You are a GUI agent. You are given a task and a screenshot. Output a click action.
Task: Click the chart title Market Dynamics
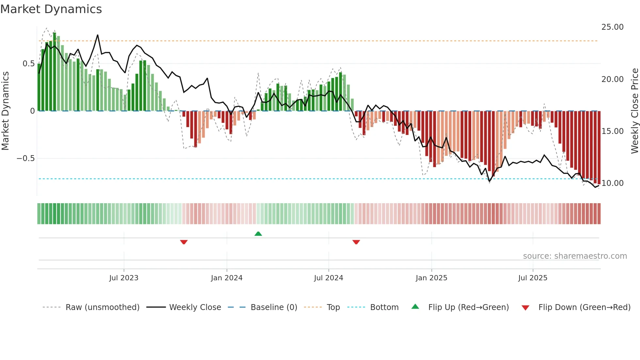(51, 9)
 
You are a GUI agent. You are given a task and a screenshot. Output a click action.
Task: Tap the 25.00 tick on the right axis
(612, 27)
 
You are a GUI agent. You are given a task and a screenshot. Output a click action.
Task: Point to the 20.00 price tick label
(612, 79)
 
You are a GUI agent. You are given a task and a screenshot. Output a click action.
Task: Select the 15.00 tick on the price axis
(612, 131)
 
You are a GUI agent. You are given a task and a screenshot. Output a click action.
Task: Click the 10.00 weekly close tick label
(612, 183)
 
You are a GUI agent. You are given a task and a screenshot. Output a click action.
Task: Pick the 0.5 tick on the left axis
(28, 64)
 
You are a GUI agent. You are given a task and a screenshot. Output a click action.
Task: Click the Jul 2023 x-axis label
(124, 278)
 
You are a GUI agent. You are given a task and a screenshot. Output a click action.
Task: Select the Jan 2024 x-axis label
(227, 278)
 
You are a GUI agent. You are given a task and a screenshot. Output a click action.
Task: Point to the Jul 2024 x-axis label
(328, 278)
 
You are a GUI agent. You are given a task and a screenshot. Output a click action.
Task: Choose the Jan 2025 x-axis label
(431, 278)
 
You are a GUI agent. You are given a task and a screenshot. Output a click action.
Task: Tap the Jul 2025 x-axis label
(533, 278)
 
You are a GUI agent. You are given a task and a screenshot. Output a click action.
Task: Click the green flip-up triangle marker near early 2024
(258, 234)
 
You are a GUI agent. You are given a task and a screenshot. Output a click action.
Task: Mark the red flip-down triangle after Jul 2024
(356, 242)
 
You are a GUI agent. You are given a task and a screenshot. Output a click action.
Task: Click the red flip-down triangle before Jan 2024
(184, 242)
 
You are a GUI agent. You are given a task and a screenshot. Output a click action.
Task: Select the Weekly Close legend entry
(195, 307)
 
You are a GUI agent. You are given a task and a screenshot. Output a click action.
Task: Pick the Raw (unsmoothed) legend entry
(102, 307)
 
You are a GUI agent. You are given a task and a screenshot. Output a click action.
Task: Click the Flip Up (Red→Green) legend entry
(468, 307)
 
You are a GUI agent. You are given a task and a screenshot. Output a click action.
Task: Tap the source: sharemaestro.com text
(575, 256)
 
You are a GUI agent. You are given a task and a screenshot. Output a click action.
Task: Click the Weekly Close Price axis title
(634, 111)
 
